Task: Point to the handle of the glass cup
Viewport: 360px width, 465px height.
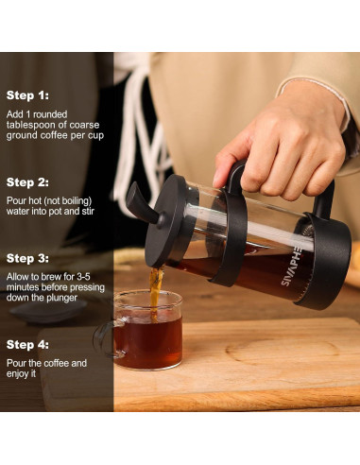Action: [103, 335]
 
